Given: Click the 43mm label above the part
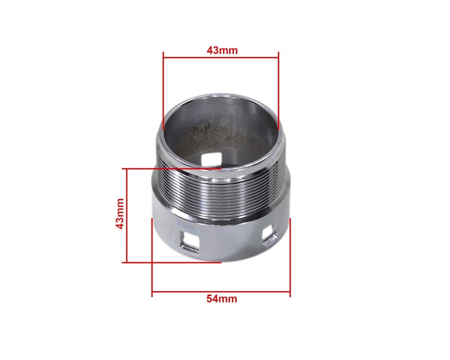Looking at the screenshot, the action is coord(222,50).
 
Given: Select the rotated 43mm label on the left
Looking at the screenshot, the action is coord(120,213).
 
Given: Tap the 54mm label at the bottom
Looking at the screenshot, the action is coord(222,299).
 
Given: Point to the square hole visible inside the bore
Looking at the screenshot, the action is coord(211,159).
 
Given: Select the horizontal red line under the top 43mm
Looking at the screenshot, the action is coord(220,57).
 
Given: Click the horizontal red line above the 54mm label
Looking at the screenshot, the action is coord(221,292).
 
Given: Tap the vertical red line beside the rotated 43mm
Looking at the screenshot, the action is coord(127,215).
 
